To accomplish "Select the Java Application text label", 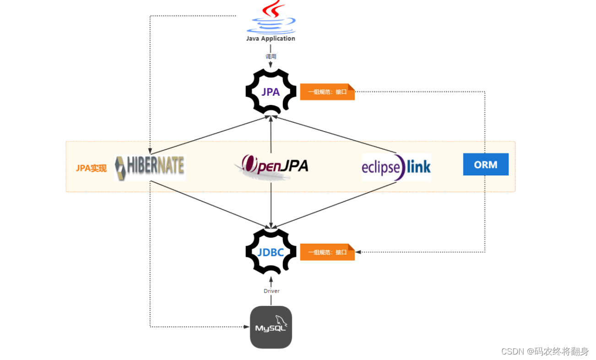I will [271, 38].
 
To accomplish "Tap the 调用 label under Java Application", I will [271, 56].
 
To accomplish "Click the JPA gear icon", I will [271, 92].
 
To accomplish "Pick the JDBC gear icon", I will [271, 252].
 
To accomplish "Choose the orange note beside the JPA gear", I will [327, 92].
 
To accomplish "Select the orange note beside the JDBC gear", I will [327, 252].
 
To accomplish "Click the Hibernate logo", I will [150, 167].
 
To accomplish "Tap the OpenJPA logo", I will [271, 166].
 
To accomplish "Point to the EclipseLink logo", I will [396, 167].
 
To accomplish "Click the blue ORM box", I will [486, 164].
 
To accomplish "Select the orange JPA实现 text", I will [91, 168].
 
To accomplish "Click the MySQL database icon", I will [271, 327].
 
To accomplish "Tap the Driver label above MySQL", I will [271, 291].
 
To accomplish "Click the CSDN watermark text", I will [545, 351].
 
